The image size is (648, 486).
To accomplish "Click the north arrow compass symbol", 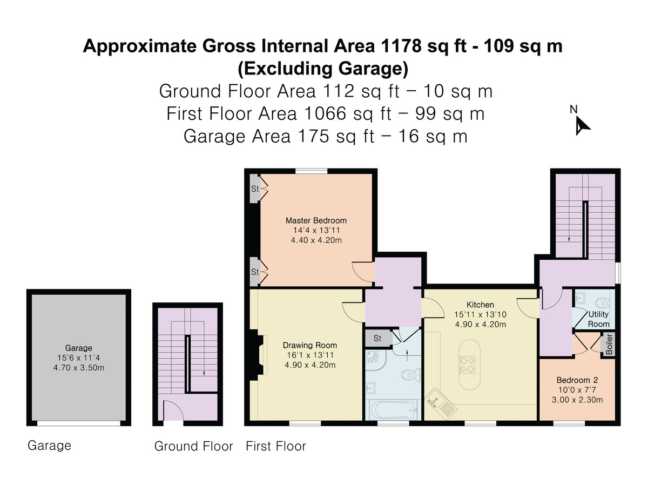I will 582,125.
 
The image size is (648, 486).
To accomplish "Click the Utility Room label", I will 599,319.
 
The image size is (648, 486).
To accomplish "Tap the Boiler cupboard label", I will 609,345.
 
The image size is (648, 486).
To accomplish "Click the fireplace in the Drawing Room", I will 259,355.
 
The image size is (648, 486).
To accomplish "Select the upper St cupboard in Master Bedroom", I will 254,189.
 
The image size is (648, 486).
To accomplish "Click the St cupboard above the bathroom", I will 377,339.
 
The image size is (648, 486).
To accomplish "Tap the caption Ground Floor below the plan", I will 193,447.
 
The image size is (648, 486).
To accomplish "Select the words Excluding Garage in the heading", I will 322,69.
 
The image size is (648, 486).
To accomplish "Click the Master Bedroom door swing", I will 362,270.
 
